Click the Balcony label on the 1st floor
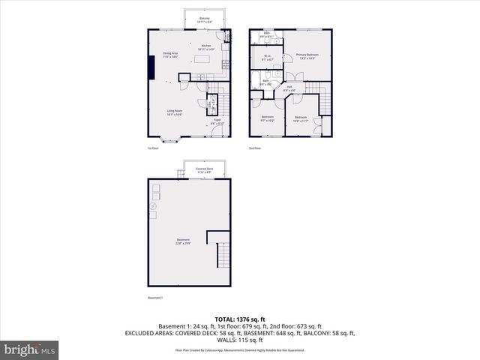(x=205, y=20)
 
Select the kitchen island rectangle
(x=204, y=58)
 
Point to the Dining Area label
(x=170, y=54)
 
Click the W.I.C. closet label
(x=267, y=58)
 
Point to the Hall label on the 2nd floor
(x=289, y=89)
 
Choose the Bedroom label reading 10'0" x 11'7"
(x=301, y=119)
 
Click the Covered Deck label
(x=205, y=171)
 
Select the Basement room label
(x=184, y=241)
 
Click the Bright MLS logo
(x=30, y=349)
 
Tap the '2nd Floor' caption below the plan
(x=256, y=148)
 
